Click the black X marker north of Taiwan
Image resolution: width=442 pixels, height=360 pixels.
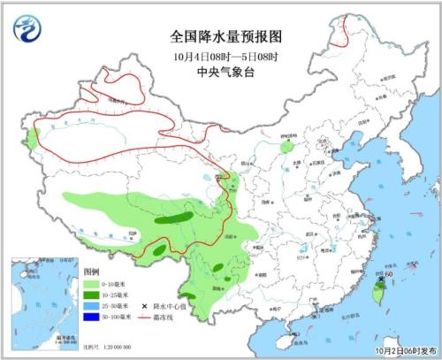tap(381, 280)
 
